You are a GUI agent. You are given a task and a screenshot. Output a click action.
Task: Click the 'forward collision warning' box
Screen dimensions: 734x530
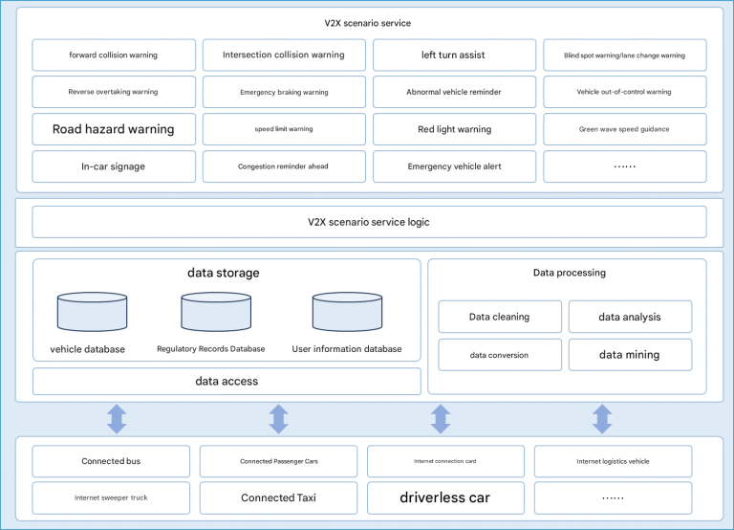coord(114,55)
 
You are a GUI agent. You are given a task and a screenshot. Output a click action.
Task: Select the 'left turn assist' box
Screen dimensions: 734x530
coord(454,55)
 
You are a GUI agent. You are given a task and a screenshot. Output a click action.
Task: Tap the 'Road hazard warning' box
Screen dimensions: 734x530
coord(114,129)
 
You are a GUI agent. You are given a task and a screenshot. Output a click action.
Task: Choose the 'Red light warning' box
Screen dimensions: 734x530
coord(454,129)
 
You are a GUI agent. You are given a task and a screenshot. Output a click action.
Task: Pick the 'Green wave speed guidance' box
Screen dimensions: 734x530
coord(624,129)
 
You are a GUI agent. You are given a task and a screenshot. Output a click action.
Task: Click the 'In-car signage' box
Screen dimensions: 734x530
coord(114,166)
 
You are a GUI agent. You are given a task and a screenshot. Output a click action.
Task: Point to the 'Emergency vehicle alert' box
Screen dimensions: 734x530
coord(454,166)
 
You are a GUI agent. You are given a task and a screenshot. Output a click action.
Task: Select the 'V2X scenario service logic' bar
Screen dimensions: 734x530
coord(369,222)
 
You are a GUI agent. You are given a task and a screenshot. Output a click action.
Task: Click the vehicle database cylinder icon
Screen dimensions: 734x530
coord(92,312)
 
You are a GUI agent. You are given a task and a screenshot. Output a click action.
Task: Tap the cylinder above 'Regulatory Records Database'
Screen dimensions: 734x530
coord(216,312)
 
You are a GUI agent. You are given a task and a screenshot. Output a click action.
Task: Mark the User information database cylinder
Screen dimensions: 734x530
coord(347,312)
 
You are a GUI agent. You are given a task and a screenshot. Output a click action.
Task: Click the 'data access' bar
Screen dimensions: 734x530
coord(227,382)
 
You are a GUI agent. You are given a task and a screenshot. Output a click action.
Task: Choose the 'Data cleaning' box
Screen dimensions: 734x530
coord(500,317)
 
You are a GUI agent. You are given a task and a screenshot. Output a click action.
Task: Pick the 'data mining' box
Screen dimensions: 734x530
coord(630,355)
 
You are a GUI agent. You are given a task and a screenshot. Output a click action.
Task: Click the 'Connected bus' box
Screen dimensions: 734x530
coord(111,461)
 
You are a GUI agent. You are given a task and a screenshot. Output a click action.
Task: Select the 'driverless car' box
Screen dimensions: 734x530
coord(445,497)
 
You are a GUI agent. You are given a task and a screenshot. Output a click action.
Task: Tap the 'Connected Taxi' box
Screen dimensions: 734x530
coord(278,497)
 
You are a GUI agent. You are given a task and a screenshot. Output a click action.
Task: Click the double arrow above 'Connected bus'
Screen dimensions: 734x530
coord(117,419)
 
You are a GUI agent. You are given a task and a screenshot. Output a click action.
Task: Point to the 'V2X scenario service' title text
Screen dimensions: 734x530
coord(367,23)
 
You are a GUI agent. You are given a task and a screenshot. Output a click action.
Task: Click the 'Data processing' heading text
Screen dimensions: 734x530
coord(570,273)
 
